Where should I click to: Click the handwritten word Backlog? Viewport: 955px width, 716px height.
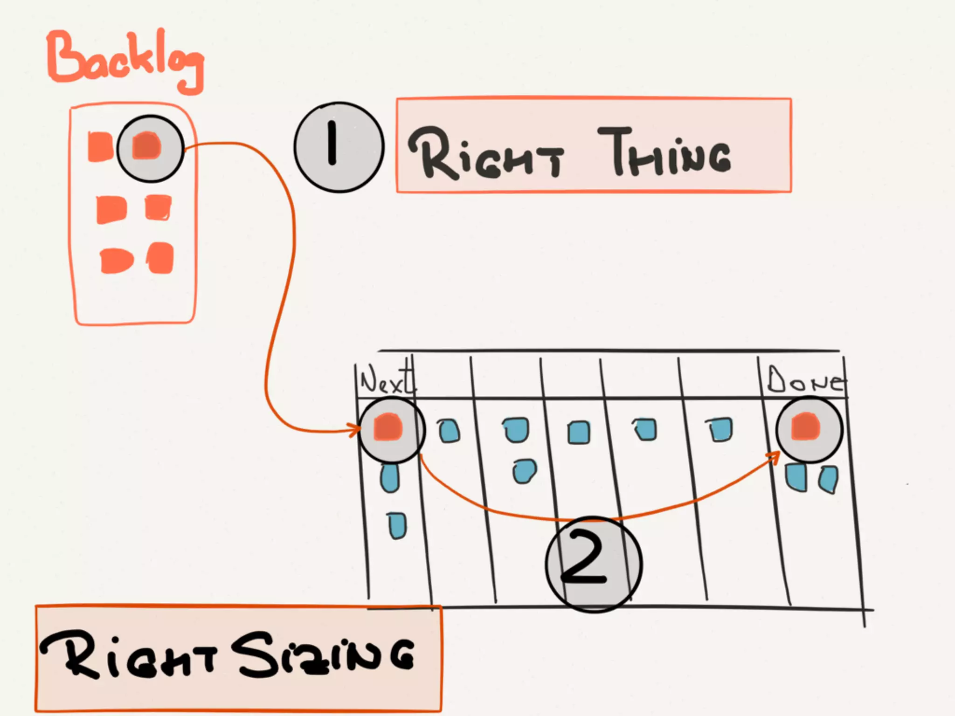(125, 61)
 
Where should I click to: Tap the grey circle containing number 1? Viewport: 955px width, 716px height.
(339, 147)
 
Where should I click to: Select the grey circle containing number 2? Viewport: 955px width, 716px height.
(594, 564)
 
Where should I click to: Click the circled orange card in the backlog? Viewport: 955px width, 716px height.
(147, 146)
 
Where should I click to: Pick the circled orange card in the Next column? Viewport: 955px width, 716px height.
(388, 427)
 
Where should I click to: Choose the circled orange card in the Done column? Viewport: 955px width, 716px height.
(806, 427)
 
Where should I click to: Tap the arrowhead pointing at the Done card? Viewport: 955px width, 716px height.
(775, 456)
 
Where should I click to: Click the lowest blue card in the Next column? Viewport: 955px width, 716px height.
(397, 525)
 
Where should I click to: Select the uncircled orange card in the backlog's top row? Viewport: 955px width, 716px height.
(100, 147)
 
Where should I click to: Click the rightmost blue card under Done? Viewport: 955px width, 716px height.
(829, 479)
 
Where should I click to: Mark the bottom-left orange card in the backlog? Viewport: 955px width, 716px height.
(116, 260)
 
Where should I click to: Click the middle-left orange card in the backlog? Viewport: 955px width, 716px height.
(111, 209)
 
